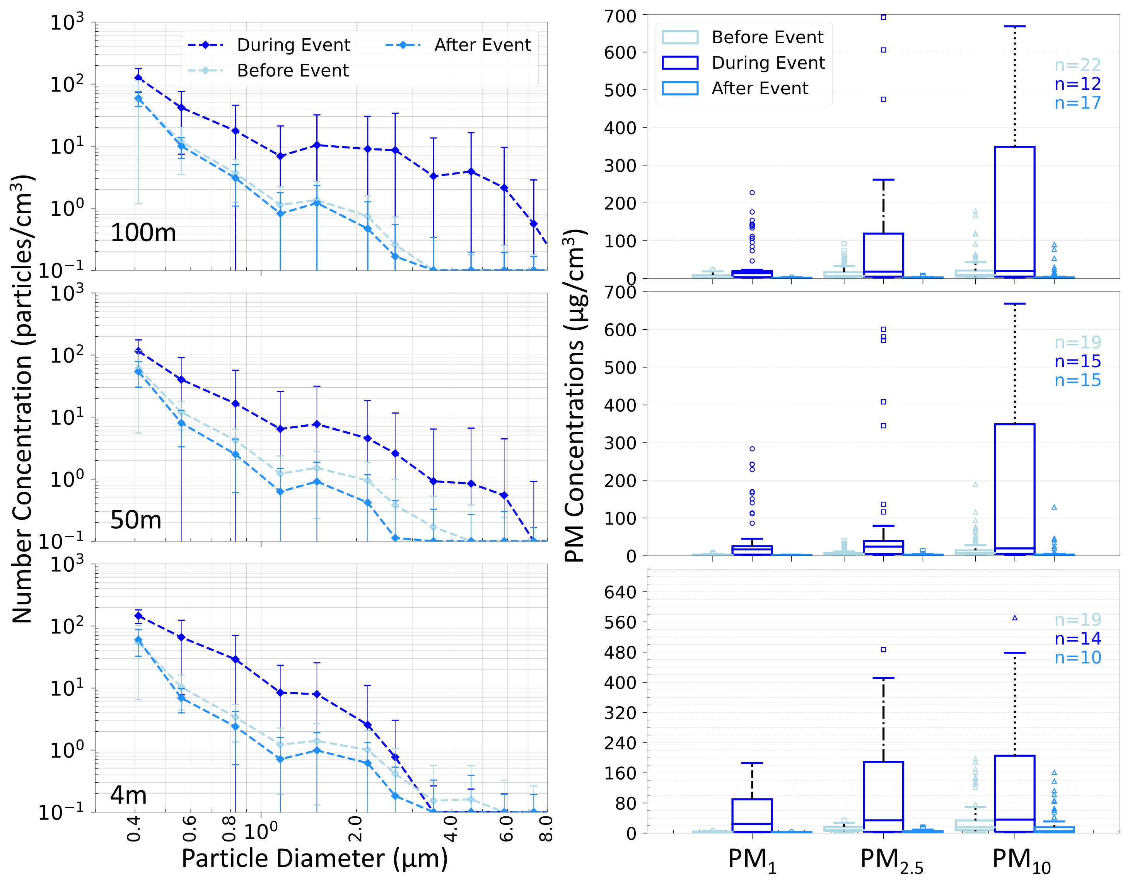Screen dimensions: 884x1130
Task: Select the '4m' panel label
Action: [x=128, y=795]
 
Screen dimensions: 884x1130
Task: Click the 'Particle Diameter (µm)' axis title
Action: [x=314, y=858]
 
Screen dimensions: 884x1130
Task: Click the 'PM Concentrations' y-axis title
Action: [x=575, y=396]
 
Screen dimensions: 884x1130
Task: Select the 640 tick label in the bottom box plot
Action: [x=620, y=592]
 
